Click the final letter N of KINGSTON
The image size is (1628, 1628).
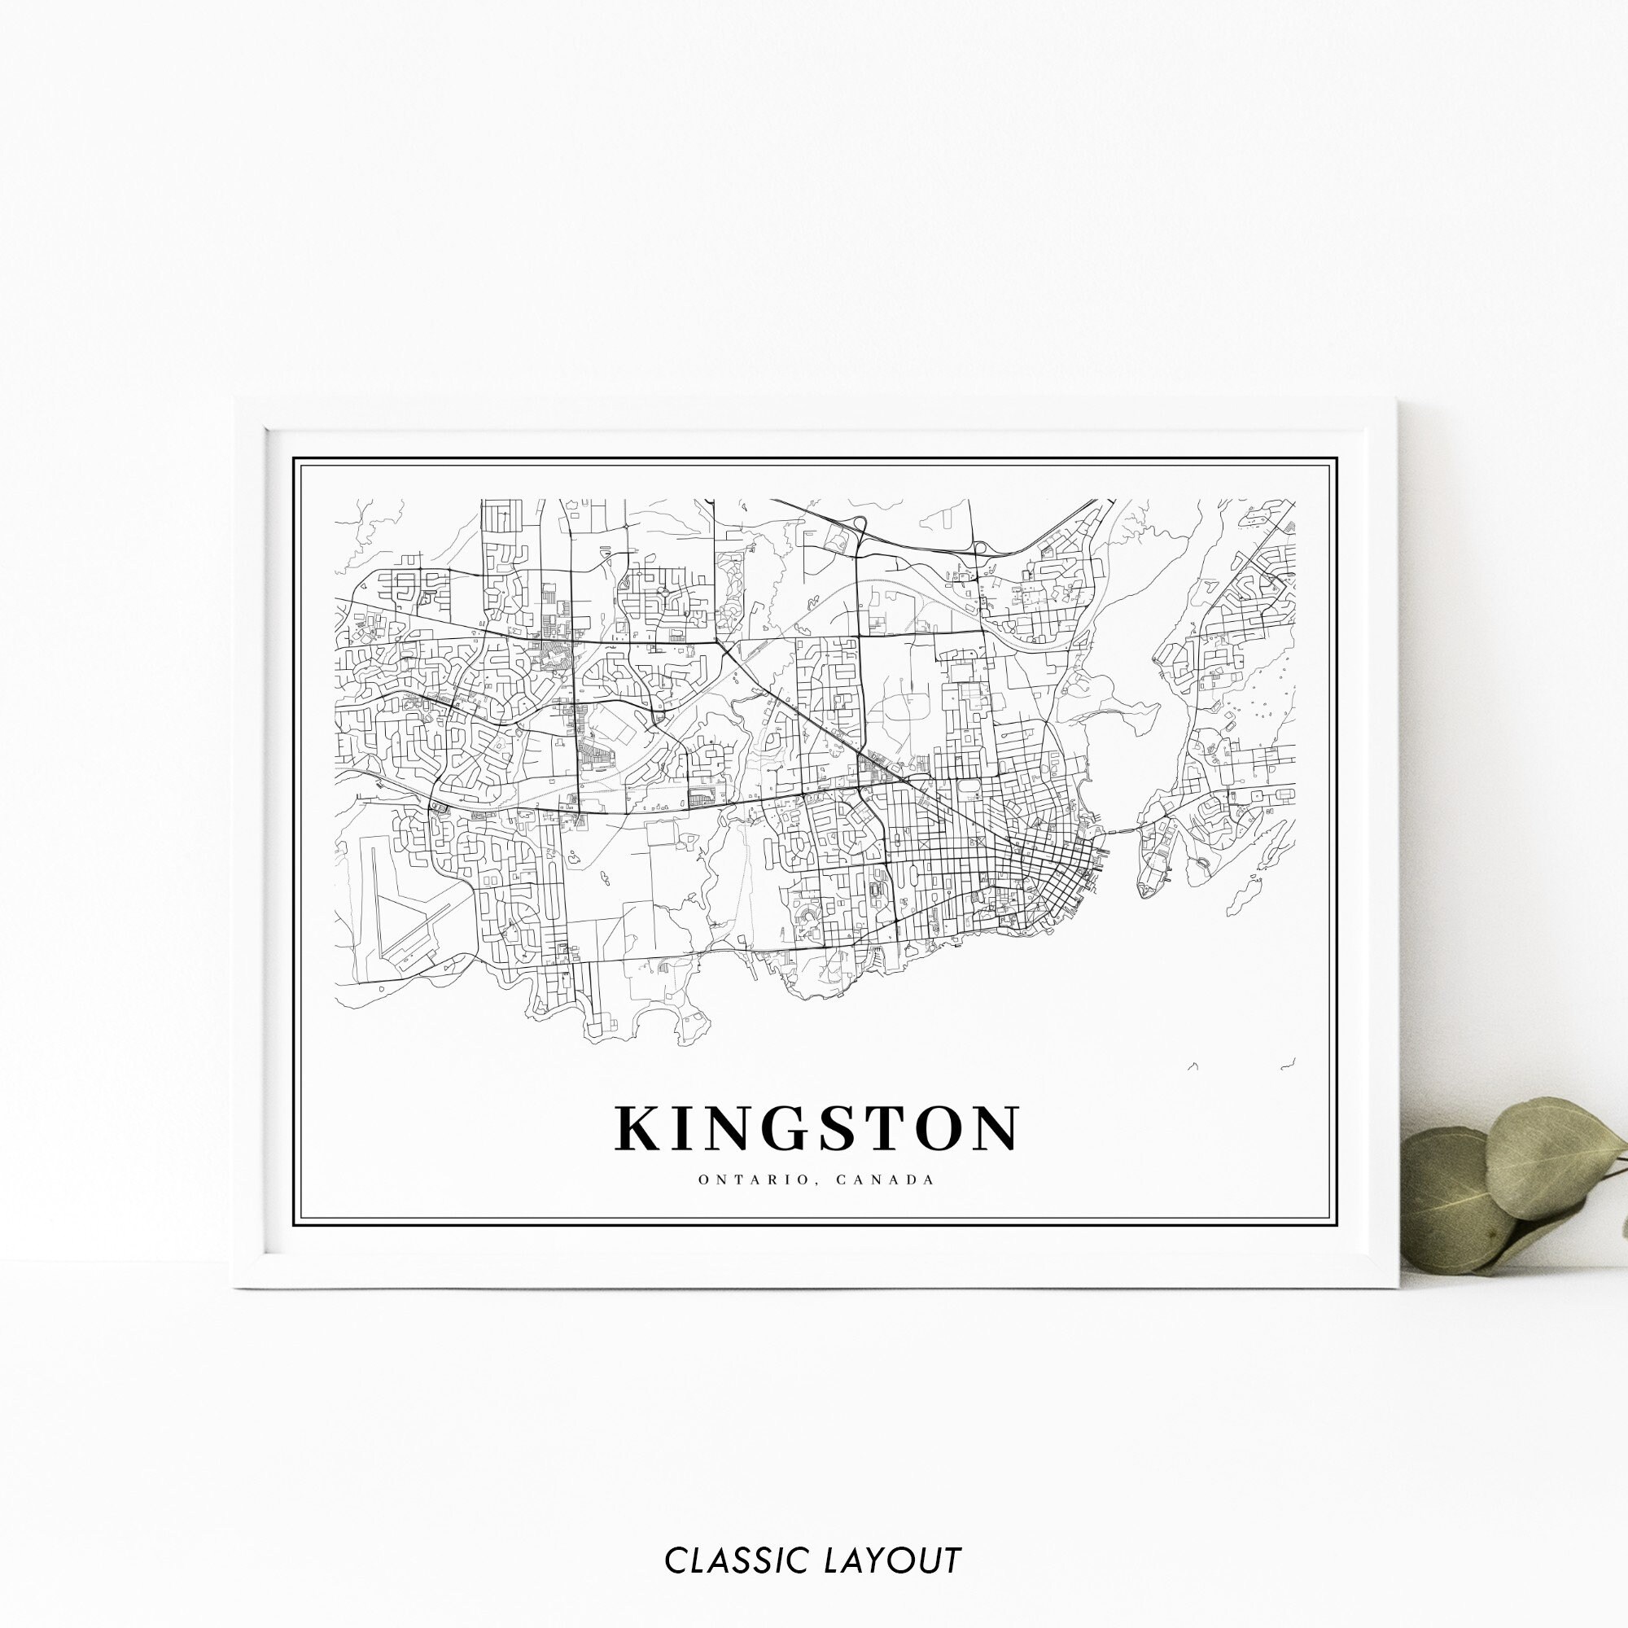pyautogui.click(x=996, y=1128)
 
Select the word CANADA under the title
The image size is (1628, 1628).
pyautogui.click(x=886, y=1179)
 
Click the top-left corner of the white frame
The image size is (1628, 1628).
pyautogui.click(x=236, y=400)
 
